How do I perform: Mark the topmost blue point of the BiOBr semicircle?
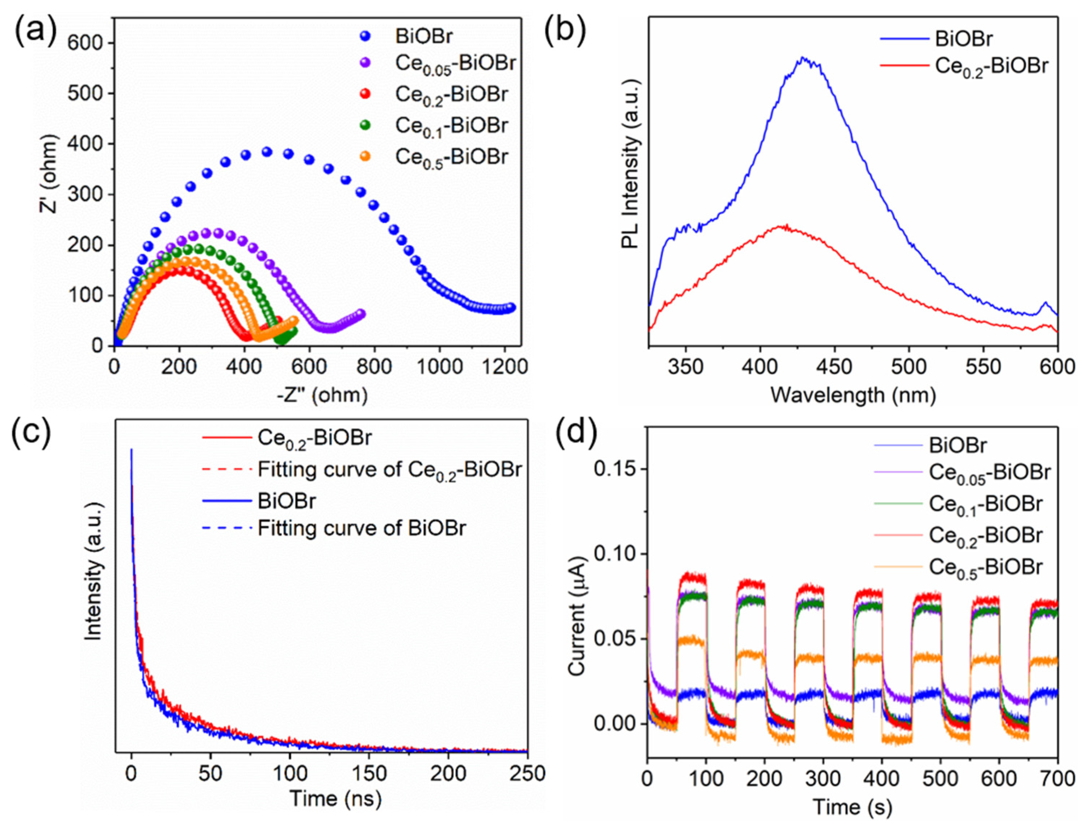click(267, 152)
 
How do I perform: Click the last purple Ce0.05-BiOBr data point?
click(360, 314)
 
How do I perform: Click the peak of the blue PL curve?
click(803, 58)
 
